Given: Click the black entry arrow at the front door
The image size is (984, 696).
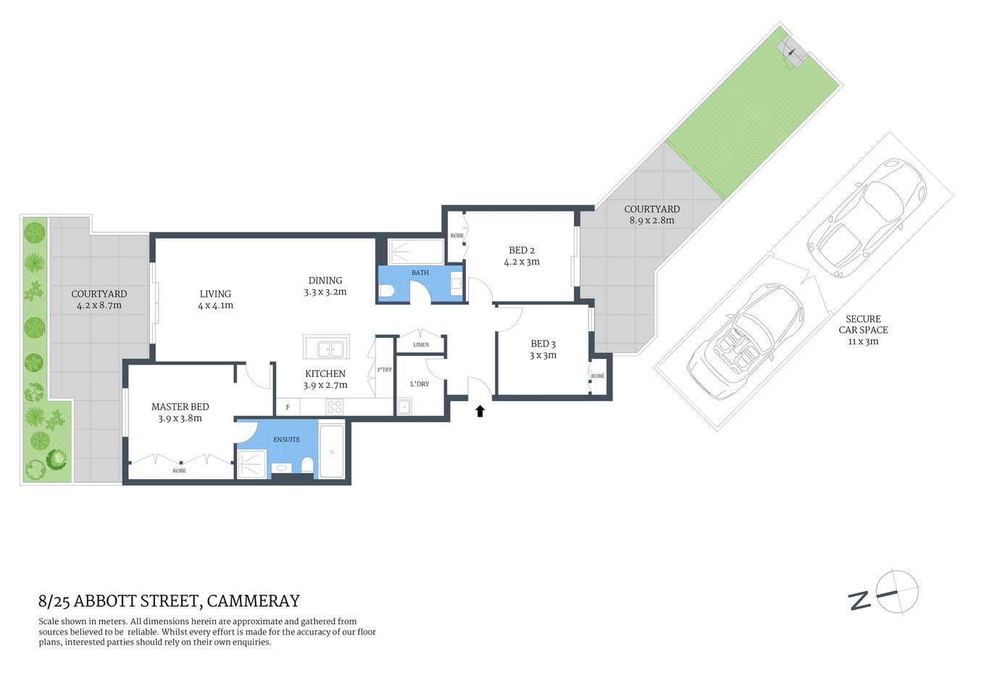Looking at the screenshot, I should point(480,411).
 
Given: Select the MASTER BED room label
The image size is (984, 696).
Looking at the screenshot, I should point(180,407).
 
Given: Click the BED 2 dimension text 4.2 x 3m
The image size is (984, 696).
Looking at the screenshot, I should point(522,262).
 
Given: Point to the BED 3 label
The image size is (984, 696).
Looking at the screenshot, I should point(543,344).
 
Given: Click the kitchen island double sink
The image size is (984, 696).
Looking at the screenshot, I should point(326,349).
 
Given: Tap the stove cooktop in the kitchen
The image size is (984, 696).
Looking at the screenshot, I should point(334,407).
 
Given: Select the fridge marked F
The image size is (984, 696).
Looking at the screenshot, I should point(288,407).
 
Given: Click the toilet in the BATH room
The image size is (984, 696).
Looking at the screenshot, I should point(386,291).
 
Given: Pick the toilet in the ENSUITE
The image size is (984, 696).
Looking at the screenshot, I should point(307,465).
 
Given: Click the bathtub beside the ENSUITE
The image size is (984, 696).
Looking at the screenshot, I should point(332,452).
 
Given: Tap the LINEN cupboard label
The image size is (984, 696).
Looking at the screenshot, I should point(421,344).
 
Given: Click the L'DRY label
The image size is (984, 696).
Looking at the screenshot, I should point(420,384).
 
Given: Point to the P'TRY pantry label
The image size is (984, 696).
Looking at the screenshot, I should point(384,370).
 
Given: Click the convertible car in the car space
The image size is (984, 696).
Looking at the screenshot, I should point(746,341).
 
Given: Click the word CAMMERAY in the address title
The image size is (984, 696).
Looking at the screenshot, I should point(253,601).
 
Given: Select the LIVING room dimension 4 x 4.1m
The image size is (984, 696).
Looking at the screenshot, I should point(215,305).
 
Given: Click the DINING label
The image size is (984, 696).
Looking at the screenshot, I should point(325,280).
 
